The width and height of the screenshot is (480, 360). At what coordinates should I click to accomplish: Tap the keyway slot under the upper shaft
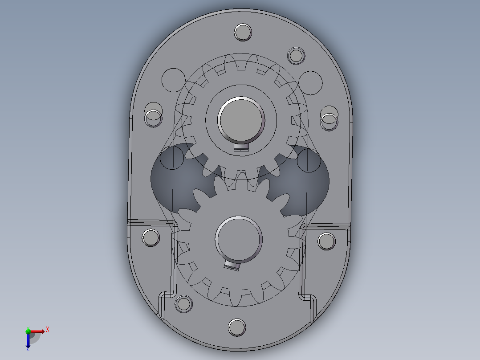coord(241,147)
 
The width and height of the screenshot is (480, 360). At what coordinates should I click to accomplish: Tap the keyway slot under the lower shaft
coord(232,266)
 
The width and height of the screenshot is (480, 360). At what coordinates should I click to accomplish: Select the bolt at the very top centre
coord(243,33)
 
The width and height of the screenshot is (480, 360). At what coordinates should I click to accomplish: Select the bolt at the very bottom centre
coord(237,327)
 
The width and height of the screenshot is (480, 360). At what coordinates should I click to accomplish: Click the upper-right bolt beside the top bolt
coord(296,56)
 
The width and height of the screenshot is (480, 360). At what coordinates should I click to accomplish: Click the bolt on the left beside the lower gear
coord(151,237)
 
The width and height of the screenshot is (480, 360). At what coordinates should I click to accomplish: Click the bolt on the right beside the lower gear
coord(327,241)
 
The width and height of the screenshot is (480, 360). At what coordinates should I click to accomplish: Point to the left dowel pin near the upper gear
coord(154,117)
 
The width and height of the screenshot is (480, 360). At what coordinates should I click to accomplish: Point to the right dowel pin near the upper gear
coord(329,119)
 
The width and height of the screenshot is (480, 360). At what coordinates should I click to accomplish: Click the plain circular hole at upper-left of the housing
coord(173,80)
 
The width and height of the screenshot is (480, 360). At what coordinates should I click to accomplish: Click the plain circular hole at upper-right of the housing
coord(310,82)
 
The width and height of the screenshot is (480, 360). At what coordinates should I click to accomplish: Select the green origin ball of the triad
coord(28,331)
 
